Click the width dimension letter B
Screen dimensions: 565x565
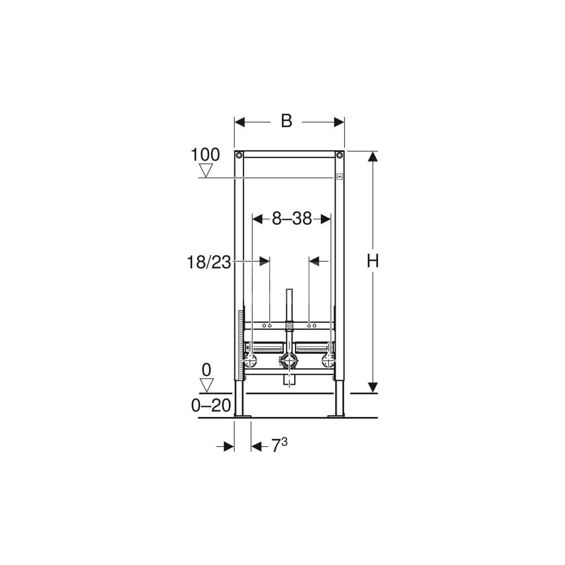click(286, 121)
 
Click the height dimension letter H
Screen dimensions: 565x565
click(372, 261)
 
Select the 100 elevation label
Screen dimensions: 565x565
click(205, 155)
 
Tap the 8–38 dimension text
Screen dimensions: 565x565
click(292, 218)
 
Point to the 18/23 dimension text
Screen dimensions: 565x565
click(208, 262)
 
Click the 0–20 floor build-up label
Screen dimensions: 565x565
click(211, 406)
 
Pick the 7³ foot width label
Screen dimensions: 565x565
click(279, 445)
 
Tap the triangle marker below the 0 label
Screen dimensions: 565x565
click(206, 385)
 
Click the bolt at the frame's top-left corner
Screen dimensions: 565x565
click(239, 155)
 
